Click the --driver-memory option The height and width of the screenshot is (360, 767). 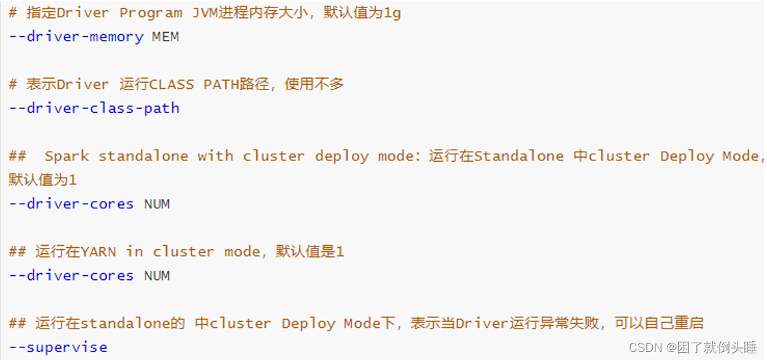(76, 37)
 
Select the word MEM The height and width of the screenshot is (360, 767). (166, 37)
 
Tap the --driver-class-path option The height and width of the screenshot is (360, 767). (94, 108)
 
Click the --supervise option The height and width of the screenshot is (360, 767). (58, 347)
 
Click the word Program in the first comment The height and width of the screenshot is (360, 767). (152, 13)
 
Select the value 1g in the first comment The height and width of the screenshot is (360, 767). (393, 13)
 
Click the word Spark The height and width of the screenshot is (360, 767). (67, 156)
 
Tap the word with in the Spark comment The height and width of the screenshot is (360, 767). (215, 156)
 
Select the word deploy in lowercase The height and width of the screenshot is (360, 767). (342, 156)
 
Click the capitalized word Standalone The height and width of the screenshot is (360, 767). (519, 156)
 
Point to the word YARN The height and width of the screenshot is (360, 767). (98, 252)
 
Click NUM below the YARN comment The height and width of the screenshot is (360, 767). (157, 276)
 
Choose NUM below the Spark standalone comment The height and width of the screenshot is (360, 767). (157, 204)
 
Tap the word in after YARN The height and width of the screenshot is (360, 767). (134, 252)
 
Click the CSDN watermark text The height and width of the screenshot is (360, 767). (692, 347)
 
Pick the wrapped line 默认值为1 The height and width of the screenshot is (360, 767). (43, 180)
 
